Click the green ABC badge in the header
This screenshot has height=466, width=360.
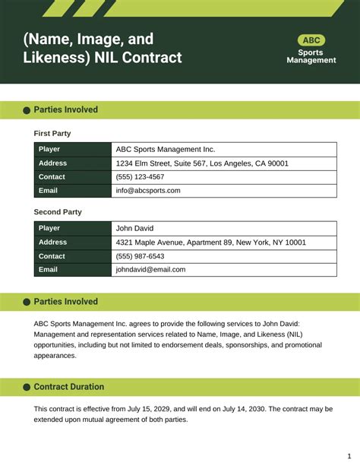click(x=311, y=40)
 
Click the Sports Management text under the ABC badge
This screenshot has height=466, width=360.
click(x=311, y=56)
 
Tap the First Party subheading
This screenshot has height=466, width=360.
click(x=52, y=133)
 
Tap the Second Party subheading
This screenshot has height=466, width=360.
click(x=58, y=212)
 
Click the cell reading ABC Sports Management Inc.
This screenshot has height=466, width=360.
click(x=165, y=150)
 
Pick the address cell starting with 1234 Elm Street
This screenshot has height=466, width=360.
click(x=201, y=163)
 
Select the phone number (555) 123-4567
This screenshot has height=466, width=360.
click(x=140, y=177)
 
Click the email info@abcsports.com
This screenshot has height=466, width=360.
click(x=148, y=191)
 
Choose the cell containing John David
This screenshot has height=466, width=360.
click(x=134, y=228)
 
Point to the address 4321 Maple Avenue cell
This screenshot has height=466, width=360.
click(x=210, y=242)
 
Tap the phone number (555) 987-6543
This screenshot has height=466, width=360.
click(x=140, y=256)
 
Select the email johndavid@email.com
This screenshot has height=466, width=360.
click(x=150, y=269)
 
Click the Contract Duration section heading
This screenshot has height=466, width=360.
click(x=69, y=387)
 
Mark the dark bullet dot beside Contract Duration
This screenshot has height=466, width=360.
click(x=27, y=388)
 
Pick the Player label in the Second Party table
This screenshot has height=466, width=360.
click(x=49, y=228)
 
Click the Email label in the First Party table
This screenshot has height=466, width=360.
click(x=48, y=191)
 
